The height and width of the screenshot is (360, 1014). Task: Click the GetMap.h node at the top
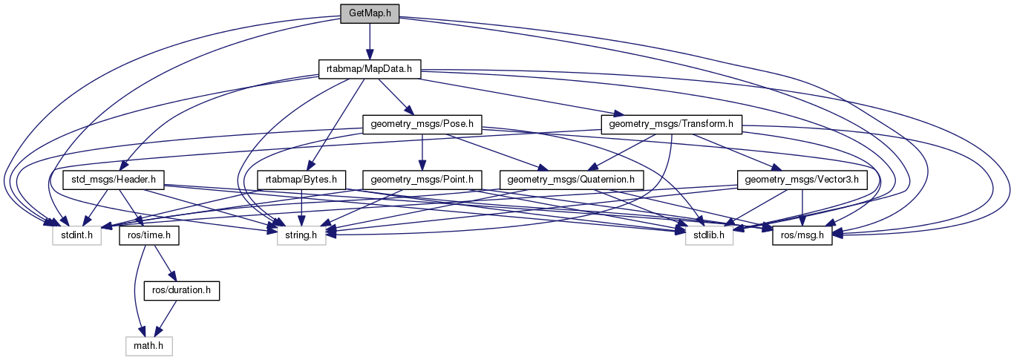point(370,14)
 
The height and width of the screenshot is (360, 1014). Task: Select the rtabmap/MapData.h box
point(370,69)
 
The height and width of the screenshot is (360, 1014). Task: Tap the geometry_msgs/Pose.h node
point(421,124)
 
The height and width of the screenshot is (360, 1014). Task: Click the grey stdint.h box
point(76,235)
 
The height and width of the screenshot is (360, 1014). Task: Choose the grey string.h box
point(301,235)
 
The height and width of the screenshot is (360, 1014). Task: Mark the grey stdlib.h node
point(708,235)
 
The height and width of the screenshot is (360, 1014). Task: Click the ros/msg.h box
point(802,235)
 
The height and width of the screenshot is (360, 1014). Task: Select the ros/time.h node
point(146,235)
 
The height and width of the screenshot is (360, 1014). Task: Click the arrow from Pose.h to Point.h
point(422,151)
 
